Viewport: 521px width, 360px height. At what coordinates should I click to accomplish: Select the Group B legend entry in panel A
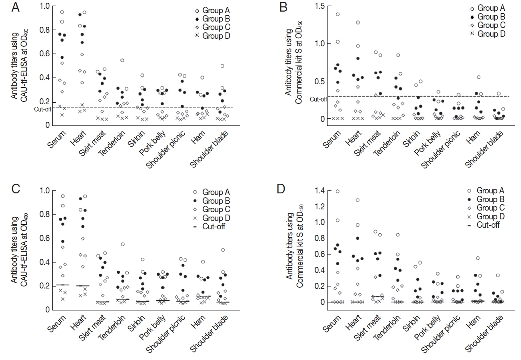pos(214,19)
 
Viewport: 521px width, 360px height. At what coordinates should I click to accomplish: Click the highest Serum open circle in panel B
pos(338,14)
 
